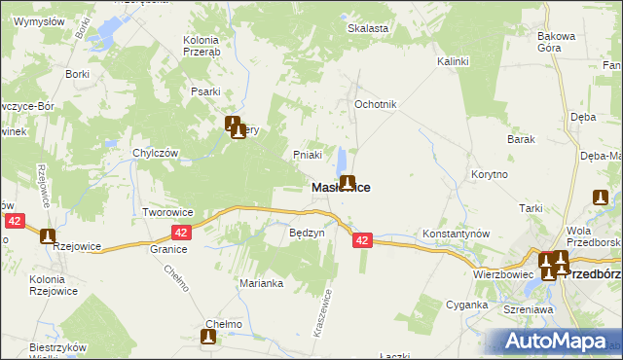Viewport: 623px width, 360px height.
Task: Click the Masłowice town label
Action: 340,187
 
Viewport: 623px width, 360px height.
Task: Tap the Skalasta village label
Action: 369,28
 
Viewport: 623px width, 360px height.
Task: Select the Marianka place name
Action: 261,283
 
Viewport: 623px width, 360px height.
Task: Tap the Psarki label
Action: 204,92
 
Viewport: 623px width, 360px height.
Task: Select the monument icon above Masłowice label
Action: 347,181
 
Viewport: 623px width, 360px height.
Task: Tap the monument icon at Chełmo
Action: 208,337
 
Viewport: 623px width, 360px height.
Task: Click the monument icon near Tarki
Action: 601,198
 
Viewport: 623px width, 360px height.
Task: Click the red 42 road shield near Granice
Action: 181,233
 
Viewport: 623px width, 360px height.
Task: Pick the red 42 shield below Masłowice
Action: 362,239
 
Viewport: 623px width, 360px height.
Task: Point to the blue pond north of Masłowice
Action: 342,160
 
